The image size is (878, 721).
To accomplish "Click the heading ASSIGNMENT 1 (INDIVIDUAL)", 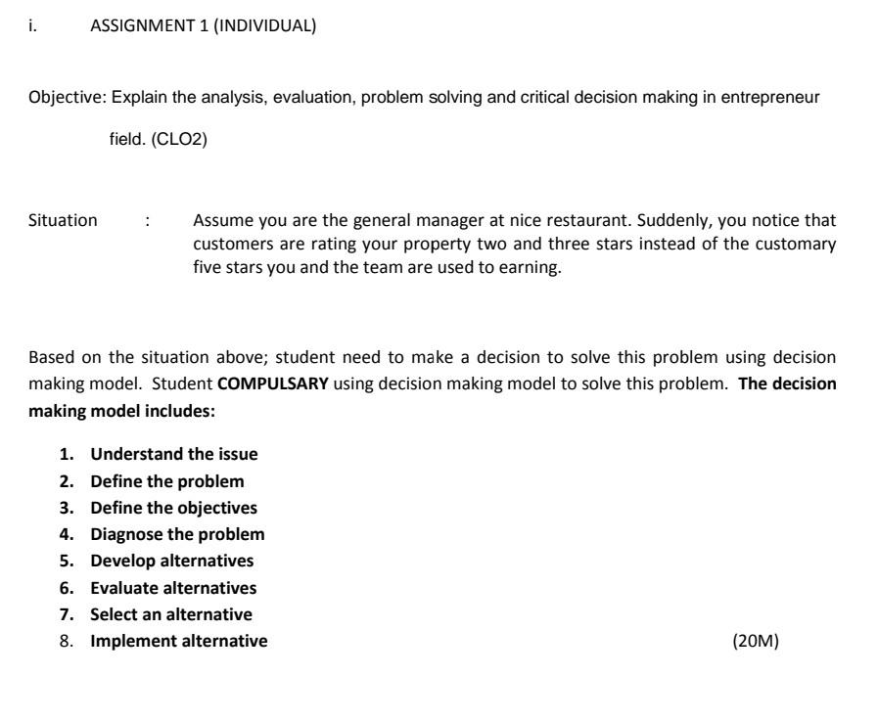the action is (x=203, y=27).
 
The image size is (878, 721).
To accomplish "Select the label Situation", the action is (x=63, y=220).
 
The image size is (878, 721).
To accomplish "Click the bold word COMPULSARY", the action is (x=272, y=383).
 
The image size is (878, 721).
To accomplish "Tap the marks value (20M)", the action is (x=755, y=642).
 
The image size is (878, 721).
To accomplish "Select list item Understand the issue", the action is (x=173, y=454).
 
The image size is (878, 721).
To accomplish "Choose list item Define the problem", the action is (x=167, y=481).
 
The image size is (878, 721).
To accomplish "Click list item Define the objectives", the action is (x=173, y=508).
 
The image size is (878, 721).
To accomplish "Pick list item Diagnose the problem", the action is (x=177, y=534).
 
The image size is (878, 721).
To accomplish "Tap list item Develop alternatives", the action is (x=171, y=561).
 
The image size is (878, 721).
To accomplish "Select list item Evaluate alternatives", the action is (x=173, y=588).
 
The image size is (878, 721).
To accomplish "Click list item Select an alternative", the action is (x=171, y=614).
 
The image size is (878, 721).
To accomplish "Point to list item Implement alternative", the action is (x=178, y=642).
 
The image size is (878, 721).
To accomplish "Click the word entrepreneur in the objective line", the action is (x=773, y=98).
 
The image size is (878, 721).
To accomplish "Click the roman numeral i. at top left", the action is (x=33, y=27).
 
